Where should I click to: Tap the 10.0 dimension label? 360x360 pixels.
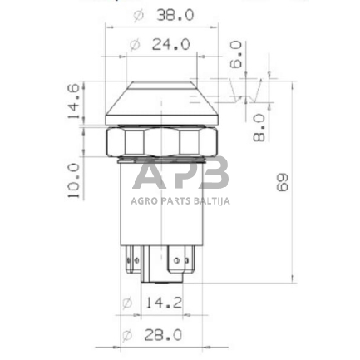[74, 180]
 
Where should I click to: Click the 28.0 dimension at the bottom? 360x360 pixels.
[163, 335]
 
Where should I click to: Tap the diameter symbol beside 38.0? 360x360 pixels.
[139, 16]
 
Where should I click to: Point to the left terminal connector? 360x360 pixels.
[133, 262]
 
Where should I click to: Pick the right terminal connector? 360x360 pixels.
[180, 262]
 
